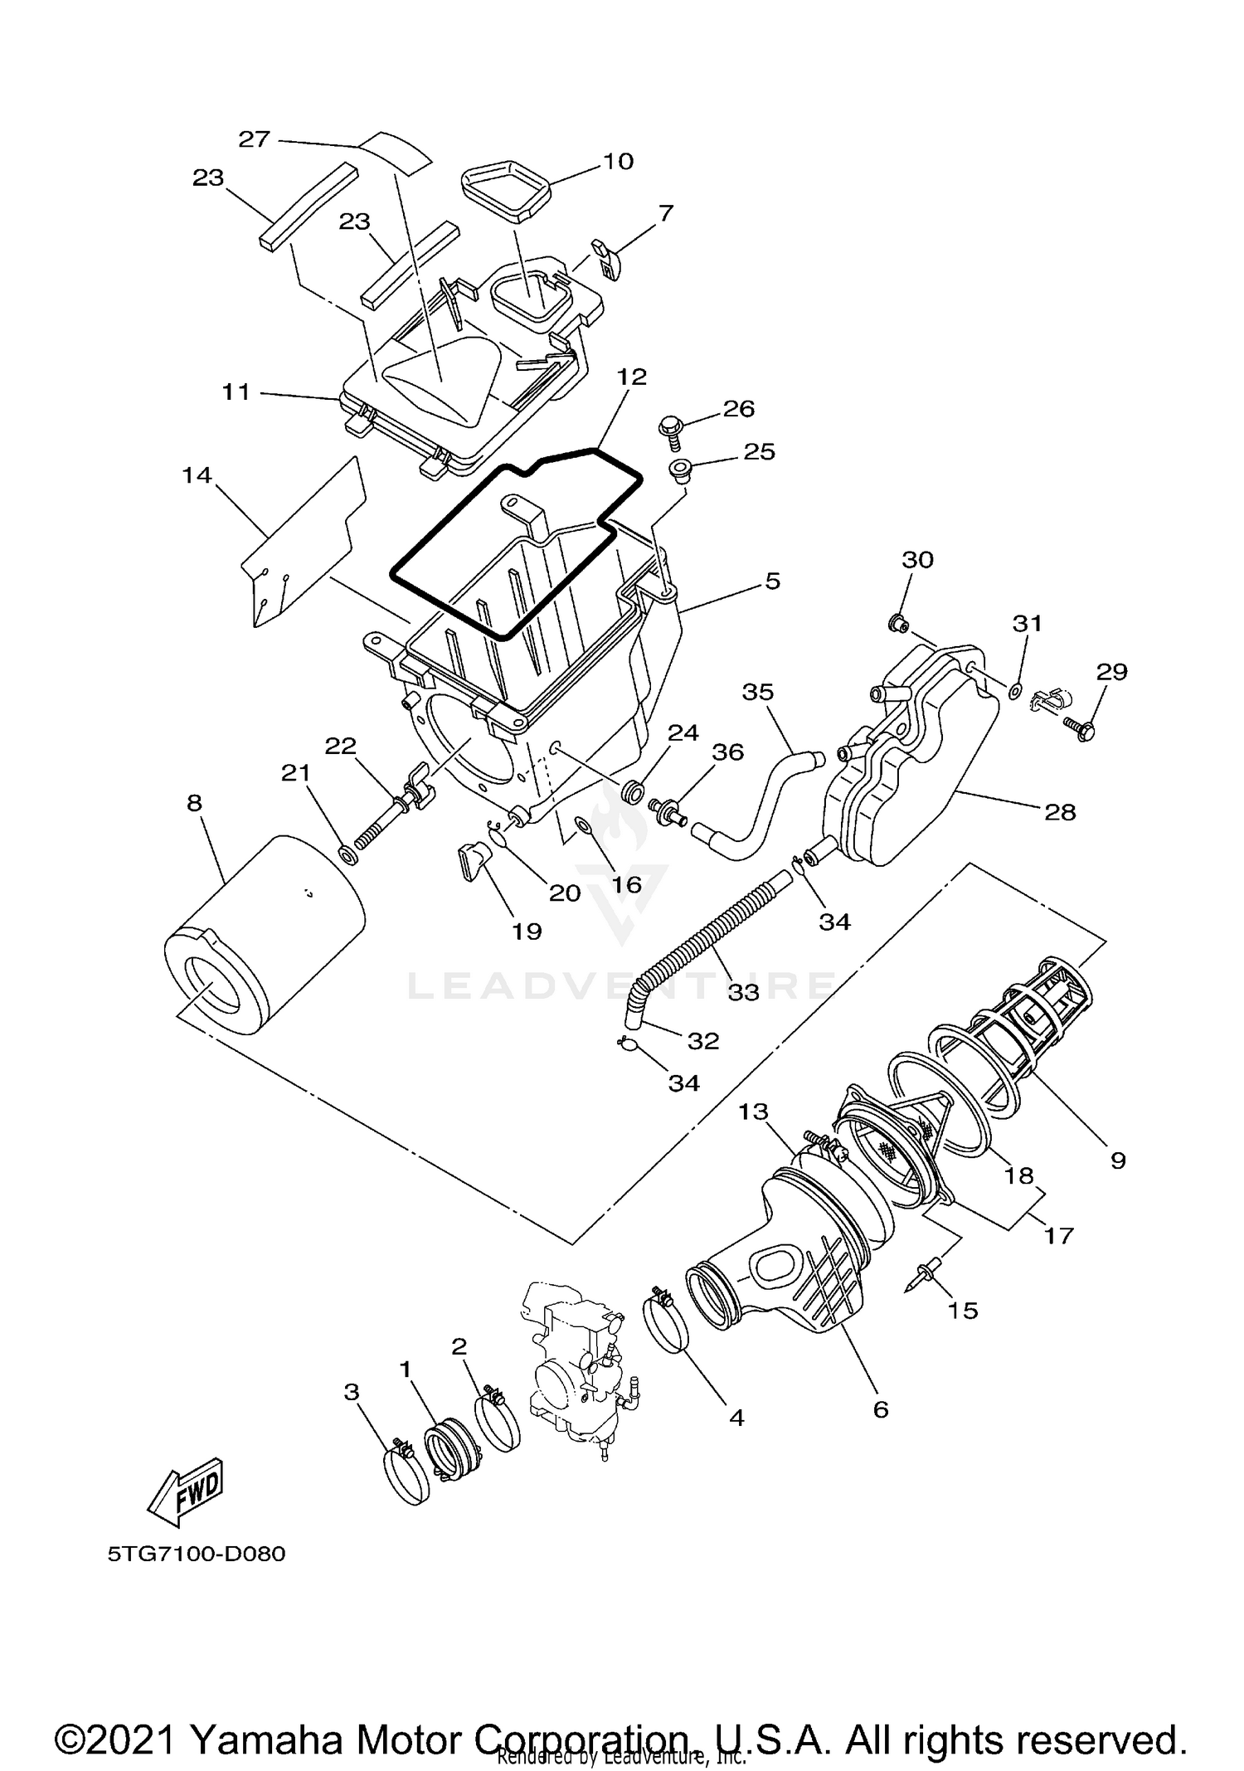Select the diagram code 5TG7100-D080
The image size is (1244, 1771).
[196, 1554]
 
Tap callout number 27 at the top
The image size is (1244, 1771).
[255, 139]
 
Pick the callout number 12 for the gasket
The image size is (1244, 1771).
[631, 377]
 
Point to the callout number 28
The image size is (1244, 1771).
[1059, 811]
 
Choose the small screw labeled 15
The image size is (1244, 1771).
[928, 1273]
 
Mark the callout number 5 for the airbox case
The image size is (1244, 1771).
[772, 581]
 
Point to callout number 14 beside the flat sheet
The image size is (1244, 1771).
[197, 475]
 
